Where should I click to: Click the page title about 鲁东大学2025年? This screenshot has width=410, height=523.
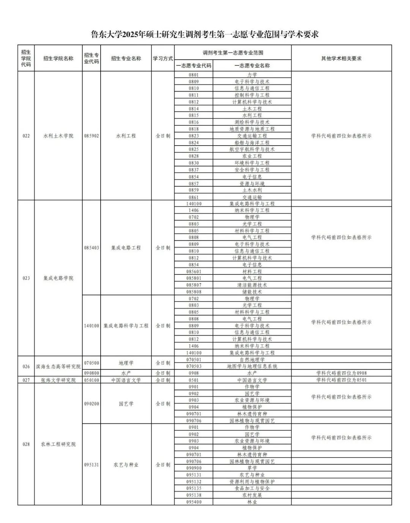(x=205, y=35)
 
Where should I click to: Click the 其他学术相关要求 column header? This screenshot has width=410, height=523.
(x=341, y=59)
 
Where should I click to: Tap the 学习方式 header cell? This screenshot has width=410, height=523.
(x=163, y=59)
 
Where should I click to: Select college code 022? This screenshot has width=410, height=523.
(x=26, y=136)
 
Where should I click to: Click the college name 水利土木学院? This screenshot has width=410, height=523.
(x=58, y=136)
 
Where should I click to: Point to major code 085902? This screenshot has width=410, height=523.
(x=91, y=136)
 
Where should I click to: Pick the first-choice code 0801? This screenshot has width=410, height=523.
(x=194, y=75)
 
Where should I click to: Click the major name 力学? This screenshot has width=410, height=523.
(x=252, y=75)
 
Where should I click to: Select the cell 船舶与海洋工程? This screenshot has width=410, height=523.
(x=252, y=143)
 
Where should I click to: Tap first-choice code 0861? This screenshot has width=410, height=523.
(x=194, y=197)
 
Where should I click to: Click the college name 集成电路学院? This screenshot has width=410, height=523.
(x=58, y=278)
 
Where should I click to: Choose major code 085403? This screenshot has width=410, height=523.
(x=91, y=248)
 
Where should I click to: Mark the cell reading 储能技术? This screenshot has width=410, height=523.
(x=252, y=292)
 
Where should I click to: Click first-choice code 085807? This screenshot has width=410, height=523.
(x=194, y=285)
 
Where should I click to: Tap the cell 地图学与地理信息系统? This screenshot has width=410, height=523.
(x=252, y=366)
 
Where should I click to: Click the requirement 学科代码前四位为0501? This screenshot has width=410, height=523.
(x=341, y=380)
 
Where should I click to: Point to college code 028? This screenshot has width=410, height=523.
(x=26, y=444)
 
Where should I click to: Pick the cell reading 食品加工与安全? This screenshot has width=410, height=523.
(x=252, y=488)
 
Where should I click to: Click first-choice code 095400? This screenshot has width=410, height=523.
(x=194, y=502)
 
